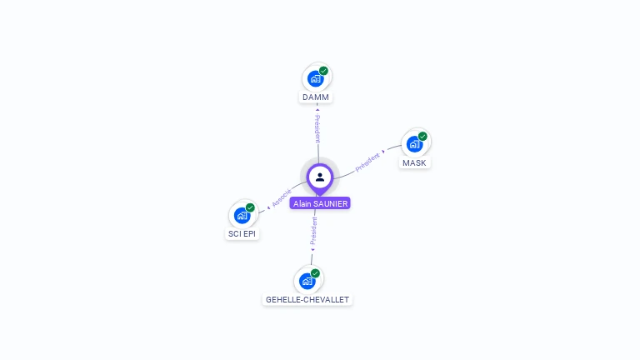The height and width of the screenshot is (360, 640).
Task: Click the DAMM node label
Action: pyautogui.click(x=316, y=97)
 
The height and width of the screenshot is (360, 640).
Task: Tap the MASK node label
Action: pyautogui.click(x=414, y=163)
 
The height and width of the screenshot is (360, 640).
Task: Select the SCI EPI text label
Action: pyautogui.click(x=242, y=234)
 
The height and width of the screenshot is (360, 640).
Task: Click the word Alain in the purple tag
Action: pyautogui.click(x=302, y=203)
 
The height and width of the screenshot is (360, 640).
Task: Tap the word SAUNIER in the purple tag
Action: pyautogui.click(x=331, y=203)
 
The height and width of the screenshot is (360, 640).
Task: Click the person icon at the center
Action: pyautogui.click(x=320, y=177)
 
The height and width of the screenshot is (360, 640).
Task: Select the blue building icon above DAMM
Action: pyautogui.click(x=315, y=78)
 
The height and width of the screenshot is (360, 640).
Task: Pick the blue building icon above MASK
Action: pyautogui.click(x=413, y=144)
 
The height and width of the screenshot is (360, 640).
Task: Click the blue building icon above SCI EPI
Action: pyautogui.click(x=242, y=215)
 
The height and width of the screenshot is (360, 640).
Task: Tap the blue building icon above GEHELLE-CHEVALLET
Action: pyautogui.click(x=307, y=281)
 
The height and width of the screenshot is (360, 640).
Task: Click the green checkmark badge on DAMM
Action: pyautogui.click(x=323, y=71)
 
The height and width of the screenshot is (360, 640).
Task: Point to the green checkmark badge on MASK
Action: pyautogui.click(x=422, y=137)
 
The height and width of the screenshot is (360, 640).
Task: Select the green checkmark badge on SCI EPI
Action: pyautogui.click(x=250, y=207)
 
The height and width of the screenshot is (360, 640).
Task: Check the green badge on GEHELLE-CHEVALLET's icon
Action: pyautogui.click(x=315, y=273)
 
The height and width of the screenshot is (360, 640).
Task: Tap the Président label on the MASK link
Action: pyautogui.click(x=367, y=162)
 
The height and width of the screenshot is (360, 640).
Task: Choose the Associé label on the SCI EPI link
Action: pyautogui.click(x=282, y=197)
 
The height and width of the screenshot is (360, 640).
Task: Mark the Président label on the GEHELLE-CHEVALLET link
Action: pyautogui.click(x=313, y=232)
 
